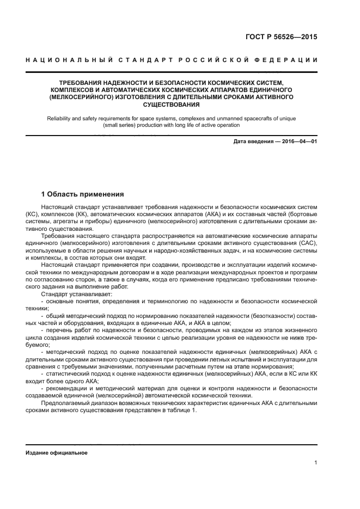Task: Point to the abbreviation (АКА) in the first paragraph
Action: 210,214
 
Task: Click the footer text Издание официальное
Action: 57,453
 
